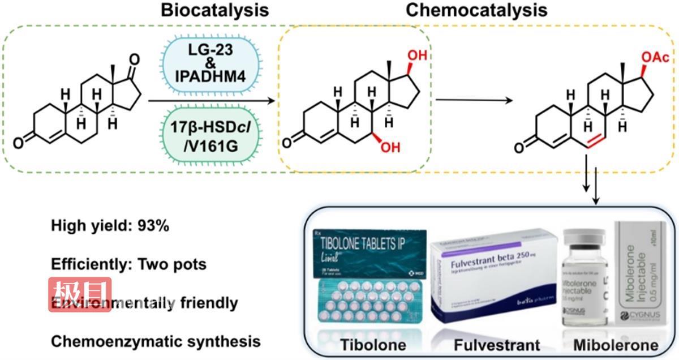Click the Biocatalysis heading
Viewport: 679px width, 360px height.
[214, 11]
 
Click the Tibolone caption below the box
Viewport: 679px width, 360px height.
[365, 344]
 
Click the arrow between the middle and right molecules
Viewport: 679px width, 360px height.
[475, 100]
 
